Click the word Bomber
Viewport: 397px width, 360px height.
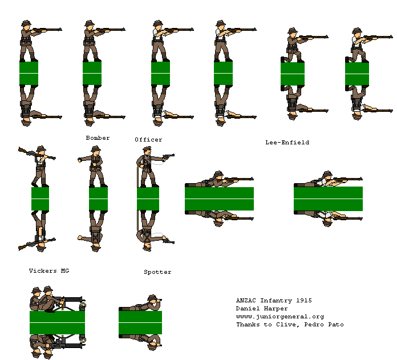click(x=98, y=138)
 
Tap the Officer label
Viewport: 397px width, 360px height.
click(x=148, y=140)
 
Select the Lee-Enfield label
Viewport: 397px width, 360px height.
click(x=287, y=143)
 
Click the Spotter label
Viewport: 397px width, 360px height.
click(x=157, y=272)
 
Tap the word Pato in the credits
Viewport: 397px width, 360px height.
click(x=334, y=325)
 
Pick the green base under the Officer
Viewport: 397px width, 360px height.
click(x=148, y=199)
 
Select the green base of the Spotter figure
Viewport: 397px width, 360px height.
click(x=140, y=323)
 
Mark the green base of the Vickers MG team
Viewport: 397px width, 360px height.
click(x=57, y=322)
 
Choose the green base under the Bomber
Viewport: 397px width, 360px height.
click(x=98, y=199)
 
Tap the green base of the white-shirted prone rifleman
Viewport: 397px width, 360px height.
click(x=328, y=199)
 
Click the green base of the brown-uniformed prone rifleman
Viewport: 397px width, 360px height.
click(x=219, y=199)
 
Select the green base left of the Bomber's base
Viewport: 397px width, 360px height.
click(x=40, y=199)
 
